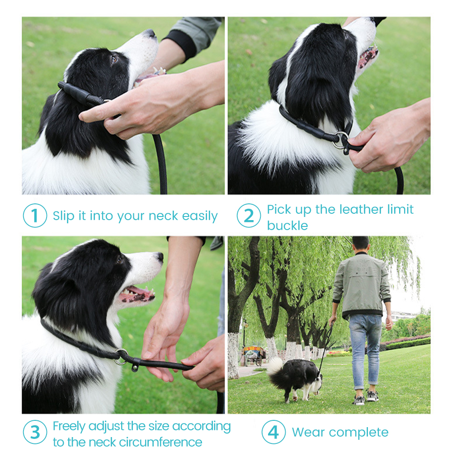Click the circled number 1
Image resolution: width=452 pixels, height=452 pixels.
click(35, 215)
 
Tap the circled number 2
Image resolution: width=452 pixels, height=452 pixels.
click(249, 215)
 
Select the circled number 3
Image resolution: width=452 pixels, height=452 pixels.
click(35, 432)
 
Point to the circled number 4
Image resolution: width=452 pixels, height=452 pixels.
click(273, 432)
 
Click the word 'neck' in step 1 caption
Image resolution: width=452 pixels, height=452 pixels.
click(163, 216)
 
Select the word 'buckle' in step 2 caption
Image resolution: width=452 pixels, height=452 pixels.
click(287, 226)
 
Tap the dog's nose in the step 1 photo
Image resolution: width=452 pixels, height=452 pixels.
click(151, 33)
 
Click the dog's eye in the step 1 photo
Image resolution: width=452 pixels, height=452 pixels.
click(114, 59)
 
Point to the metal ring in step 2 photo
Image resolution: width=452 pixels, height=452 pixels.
click(341, 140)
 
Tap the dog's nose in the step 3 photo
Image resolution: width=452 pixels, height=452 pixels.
click(160, 257)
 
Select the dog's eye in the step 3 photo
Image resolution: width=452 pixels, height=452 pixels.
click(119, 260)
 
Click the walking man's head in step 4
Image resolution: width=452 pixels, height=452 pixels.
click(361, 245)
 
